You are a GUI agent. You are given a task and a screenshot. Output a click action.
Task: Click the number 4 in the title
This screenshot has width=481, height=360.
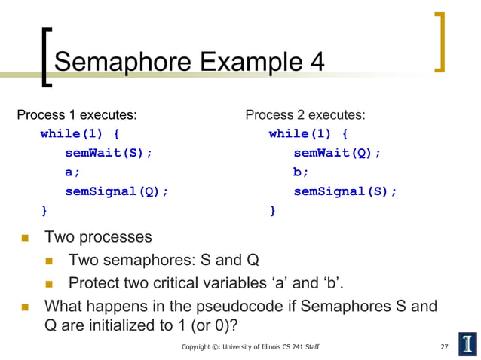317,62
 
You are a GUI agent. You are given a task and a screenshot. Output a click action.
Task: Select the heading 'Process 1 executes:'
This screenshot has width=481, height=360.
77,115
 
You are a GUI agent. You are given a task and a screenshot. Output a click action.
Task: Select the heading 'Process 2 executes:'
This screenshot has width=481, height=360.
305,115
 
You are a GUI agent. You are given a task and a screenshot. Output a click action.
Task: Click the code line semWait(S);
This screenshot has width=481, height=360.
109,153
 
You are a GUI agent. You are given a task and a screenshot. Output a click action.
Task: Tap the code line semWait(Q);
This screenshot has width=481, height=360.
337,153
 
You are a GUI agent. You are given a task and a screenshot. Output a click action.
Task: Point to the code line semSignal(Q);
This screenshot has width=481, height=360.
117,191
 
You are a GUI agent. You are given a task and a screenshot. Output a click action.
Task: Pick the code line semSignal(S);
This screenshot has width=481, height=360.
345,191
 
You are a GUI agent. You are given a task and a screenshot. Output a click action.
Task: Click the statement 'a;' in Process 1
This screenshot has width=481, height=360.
72,172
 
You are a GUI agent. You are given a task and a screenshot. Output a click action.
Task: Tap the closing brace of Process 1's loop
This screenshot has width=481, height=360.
44,210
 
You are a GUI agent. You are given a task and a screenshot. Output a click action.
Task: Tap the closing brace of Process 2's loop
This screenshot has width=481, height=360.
273,210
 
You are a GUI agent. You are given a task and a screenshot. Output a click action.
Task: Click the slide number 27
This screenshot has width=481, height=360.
444,347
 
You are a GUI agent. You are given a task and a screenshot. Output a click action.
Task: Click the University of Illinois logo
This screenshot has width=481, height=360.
467,343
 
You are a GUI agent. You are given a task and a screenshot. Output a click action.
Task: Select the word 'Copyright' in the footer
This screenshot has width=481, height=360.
198,347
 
